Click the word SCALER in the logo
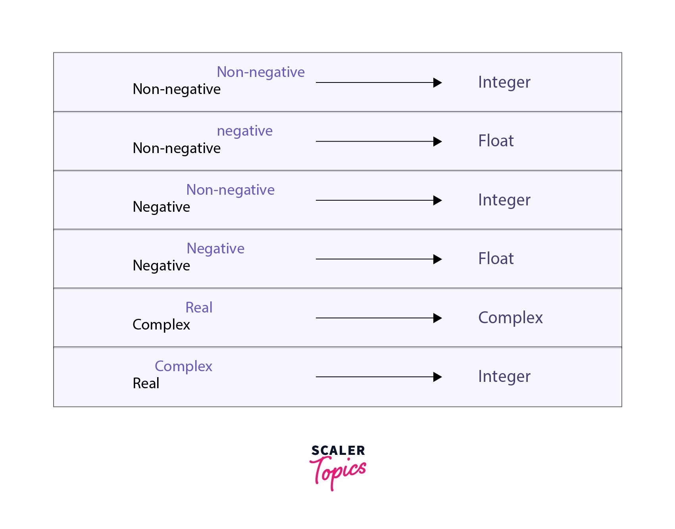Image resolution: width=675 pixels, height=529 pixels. pos(338,450)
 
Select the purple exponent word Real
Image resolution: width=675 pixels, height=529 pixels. pos(199,307)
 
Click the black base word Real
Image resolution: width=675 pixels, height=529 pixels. pos(146,383)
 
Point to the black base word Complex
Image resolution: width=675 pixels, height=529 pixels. pos(161,324)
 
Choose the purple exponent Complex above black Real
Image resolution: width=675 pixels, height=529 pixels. pos(183,366)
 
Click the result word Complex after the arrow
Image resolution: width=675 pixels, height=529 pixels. pos(510,318)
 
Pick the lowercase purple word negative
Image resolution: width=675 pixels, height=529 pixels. pos(244,131)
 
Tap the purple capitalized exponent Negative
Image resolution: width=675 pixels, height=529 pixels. pos(215,249)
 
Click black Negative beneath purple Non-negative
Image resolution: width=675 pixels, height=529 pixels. pos(161,207)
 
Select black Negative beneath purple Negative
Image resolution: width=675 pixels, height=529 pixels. pos(161,266)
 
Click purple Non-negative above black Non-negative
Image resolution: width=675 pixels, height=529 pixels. pos(260,72)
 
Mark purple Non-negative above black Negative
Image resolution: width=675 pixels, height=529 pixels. pos(230,190)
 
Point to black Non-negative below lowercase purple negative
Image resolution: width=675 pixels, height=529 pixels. pos(176,148)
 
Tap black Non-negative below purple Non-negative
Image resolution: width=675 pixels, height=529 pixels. pos(176,89)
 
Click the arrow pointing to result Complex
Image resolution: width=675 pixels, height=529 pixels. pos(379,318)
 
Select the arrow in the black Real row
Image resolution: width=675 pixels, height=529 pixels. pos(379,377)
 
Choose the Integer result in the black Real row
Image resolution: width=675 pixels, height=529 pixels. pos(504,376)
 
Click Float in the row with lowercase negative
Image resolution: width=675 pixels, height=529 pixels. pos(496,141)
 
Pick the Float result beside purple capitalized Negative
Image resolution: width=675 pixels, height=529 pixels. pos(496,259)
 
